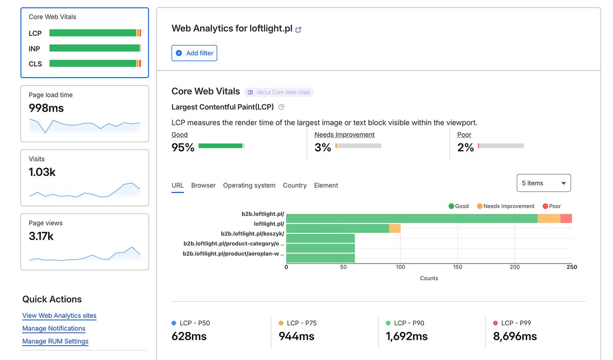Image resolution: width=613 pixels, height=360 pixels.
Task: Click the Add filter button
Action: [194, 53]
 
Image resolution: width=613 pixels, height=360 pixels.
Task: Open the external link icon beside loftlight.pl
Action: [299, 30]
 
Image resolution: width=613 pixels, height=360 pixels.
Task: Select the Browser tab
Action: [203, 185]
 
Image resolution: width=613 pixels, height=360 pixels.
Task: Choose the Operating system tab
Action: [249, 185]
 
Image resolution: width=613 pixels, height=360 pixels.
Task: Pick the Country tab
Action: [295, 185]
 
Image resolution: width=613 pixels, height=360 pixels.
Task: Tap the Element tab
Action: [326, 185]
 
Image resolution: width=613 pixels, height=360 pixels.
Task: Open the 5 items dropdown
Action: [544, 183]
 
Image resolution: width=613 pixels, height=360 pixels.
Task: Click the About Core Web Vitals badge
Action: [279, 92]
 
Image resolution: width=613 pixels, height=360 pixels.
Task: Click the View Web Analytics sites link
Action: [59, 316]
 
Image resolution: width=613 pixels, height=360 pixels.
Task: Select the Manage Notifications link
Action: [54, 328]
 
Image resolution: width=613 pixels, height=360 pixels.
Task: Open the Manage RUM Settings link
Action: [55, 341]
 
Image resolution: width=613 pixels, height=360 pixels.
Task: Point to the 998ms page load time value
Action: [46, 108]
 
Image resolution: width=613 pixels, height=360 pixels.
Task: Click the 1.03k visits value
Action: [42, 172]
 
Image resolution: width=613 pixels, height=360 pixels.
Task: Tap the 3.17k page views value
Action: [41, 236]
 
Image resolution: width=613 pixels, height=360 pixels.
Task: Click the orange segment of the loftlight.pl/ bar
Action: [395, 228]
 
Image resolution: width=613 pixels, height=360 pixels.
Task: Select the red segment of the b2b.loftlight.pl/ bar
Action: [566, 219]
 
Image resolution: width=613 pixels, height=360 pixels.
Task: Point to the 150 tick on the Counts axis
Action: [457, 267]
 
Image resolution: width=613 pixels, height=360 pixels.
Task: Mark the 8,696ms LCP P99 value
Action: [515, 337]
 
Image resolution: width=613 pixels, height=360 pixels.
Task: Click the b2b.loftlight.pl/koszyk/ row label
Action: [252, 233]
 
